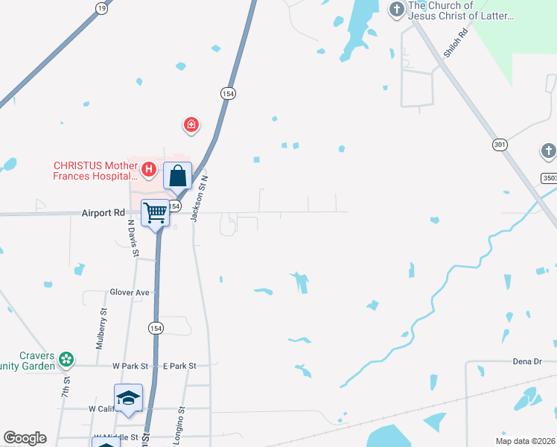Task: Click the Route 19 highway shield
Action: [101, 7]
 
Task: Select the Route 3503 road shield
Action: [548, 178]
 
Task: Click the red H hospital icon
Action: [149, 170]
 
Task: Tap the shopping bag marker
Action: [178, 177]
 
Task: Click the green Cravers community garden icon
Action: [66, 359]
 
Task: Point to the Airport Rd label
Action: [103, 212]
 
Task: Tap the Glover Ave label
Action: [130, 293]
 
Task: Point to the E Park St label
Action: [179, 366]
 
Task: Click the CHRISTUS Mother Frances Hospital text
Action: [95, 171]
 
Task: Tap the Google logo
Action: [25, 438]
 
